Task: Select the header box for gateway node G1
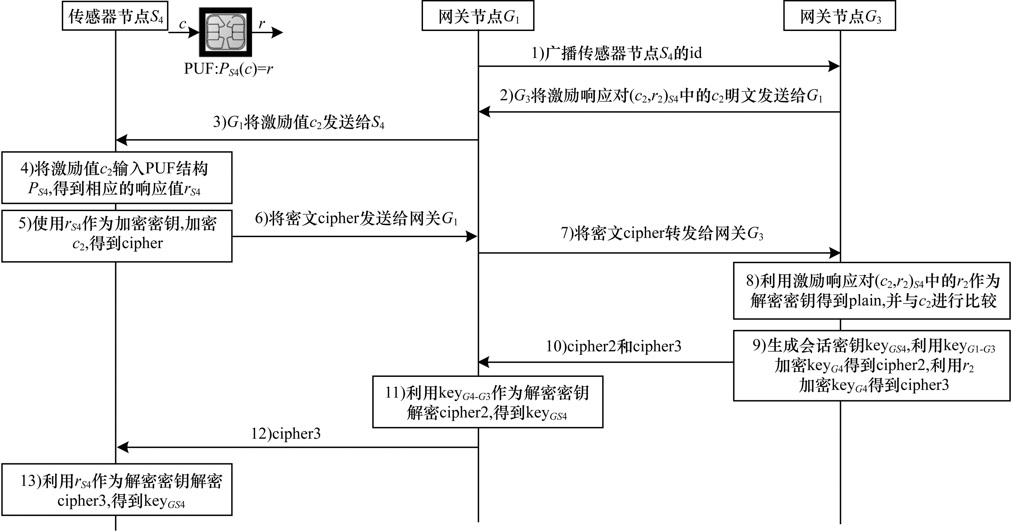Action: [x=478, y=16]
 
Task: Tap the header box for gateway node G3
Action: [x=839, y=16]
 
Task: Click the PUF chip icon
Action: [x=226, y=32]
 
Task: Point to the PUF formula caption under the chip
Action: [x=228, y=69]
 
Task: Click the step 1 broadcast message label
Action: [x=617, y=53]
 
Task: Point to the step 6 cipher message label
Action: [x=356, y=218]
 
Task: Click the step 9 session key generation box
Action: [x=872, y=365]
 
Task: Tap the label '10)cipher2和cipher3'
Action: [x=614, y=346]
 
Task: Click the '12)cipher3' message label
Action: [x=286, y=434]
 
